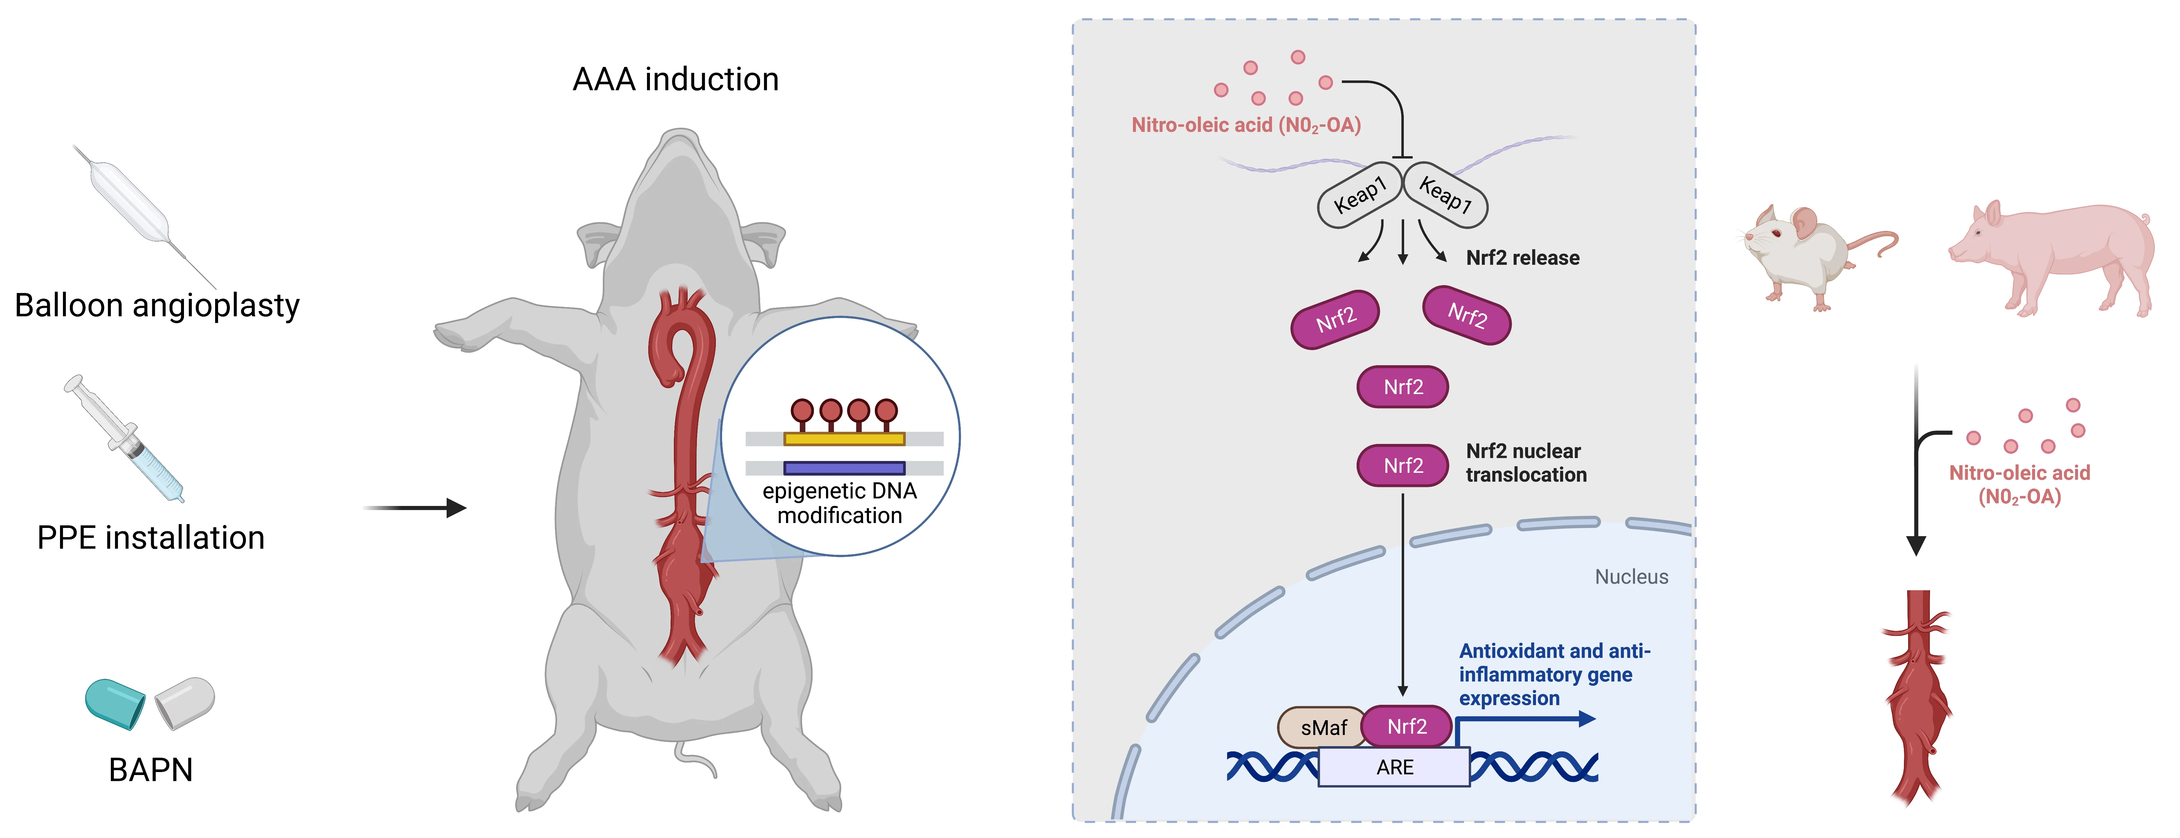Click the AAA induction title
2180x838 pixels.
(x=675, y=80)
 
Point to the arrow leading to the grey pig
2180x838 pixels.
(x=415, y=508)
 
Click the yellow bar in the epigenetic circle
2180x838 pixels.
(x=844, y=438)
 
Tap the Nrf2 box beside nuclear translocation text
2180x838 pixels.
(x=1402, y=466)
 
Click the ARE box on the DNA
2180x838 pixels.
(x=1394, y=767)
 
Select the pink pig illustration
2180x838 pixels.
(x=2056, y=254)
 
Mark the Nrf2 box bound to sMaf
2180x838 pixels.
(x=1406, y=726)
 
